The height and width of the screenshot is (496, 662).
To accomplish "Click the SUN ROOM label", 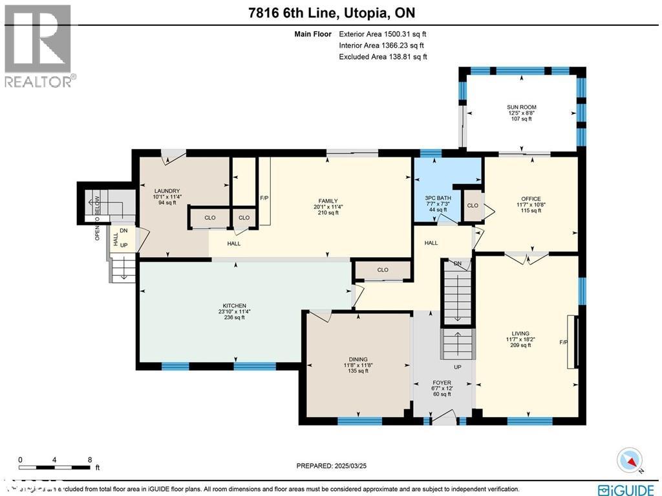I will pos(521,107).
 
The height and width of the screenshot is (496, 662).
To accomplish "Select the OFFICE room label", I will pos(531,199).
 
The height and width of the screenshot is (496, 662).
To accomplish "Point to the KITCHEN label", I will pos(234,306).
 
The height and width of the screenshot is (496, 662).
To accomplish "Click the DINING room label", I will pos(358,359).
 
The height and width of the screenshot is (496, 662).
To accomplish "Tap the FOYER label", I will pos(442,383).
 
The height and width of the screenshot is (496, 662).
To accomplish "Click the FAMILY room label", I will pos(328,201).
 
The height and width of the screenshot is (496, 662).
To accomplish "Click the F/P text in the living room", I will pos(564,343).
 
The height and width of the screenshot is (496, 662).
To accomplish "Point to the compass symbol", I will pos(629,460).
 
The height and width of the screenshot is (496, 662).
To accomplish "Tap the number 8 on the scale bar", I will pos(89,460).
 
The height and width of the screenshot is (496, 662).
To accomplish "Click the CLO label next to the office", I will pos(473,205).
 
